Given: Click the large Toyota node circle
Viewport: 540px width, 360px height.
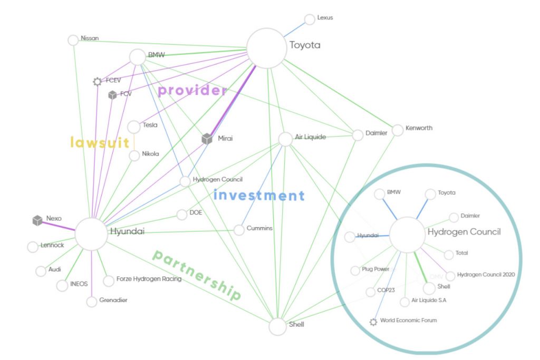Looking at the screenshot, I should (266, 48).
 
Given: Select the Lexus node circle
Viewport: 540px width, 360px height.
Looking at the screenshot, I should (310, 20).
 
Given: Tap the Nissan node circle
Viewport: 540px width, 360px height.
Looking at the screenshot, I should (73, 40).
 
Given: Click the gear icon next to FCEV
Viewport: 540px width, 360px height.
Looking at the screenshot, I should (97, 82).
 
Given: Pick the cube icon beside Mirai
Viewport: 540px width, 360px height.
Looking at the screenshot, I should (207, 139).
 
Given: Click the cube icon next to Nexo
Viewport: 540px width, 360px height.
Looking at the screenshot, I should (37, 220).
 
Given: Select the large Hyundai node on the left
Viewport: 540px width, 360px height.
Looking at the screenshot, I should (91, 233).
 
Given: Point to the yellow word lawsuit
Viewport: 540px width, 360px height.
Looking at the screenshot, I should (100, 142).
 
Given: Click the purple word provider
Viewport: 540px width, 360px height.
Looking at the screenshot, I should (192, 91).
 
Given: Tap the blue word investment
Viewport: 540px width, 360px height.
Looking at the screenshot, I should (259, 196).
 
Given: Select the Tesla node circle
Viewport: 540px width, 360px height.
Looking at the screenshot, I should (134, 127).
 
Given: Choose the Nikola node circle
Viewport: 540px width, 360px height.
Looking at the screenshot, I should (134, 155).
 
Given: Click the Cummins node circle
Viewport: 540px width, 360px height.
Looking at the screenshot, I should (239, 230).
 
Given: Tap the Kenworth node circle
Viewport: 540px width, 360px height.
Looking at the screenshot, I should (397, 129).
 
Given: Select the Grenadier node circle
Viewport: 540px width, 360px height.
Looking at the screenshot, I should (92, 301).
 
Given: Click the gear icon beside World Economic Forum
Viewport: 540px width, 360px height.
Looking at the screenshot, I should (373, 322).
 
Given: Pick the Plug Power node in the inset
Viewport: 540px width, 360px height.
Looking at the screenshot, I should (355, 270).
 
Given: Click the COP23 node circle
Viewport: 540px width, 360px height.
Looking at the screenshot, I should (371, 291).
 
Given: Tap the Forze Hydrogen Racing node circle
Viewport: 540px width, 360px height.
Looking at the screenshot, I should (109, 281).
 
